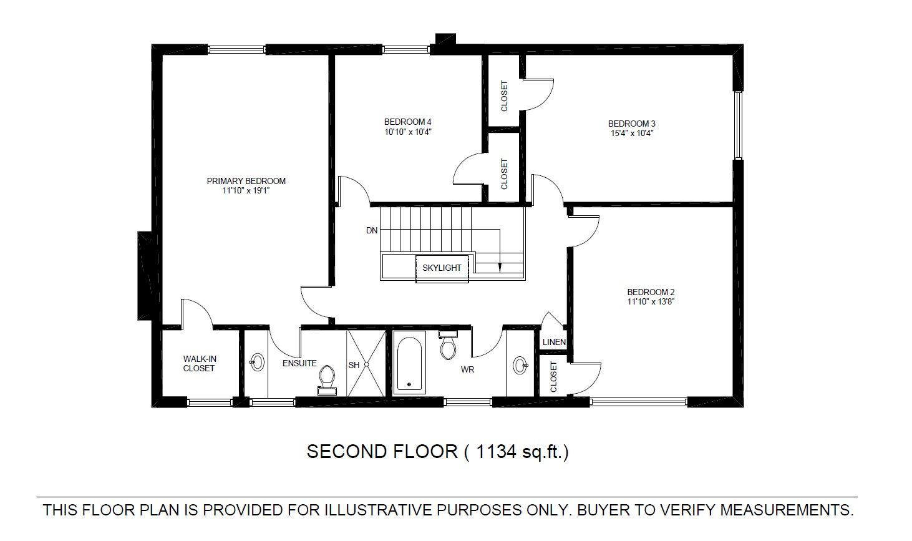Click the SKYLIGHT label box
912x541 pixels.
(442, 268)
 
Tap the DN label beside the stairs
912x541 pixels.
(372, 231)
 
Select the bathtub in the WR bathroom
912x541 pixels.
(409, 362)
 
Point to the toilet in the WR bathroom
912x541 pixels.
(448, 345)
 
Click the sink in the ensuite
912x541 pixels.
(256, 362)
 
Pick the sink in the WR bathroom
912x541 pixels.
(521, 365)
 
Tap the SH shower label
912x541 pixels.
(354, 366)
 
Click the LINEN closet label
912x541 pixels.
(554, 342)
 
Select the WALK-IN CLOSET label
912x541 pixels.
(199, 363)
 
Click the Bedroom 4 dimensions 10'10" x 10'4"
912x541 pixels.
(408, 132)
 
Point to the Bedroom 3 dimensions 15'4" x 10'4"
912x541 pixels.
(632, 133)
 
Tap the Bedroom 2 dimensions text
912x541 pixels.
(651, 302)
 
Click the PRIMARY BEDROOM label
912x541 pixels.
(246, 181)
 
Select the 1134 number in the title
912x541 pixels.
(495, 452)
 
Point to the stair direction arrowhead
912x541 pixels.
(500, 268)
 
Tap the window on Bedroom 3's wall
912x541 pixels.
(738, 125)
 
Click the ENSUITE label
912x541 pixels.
(299, 363)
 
